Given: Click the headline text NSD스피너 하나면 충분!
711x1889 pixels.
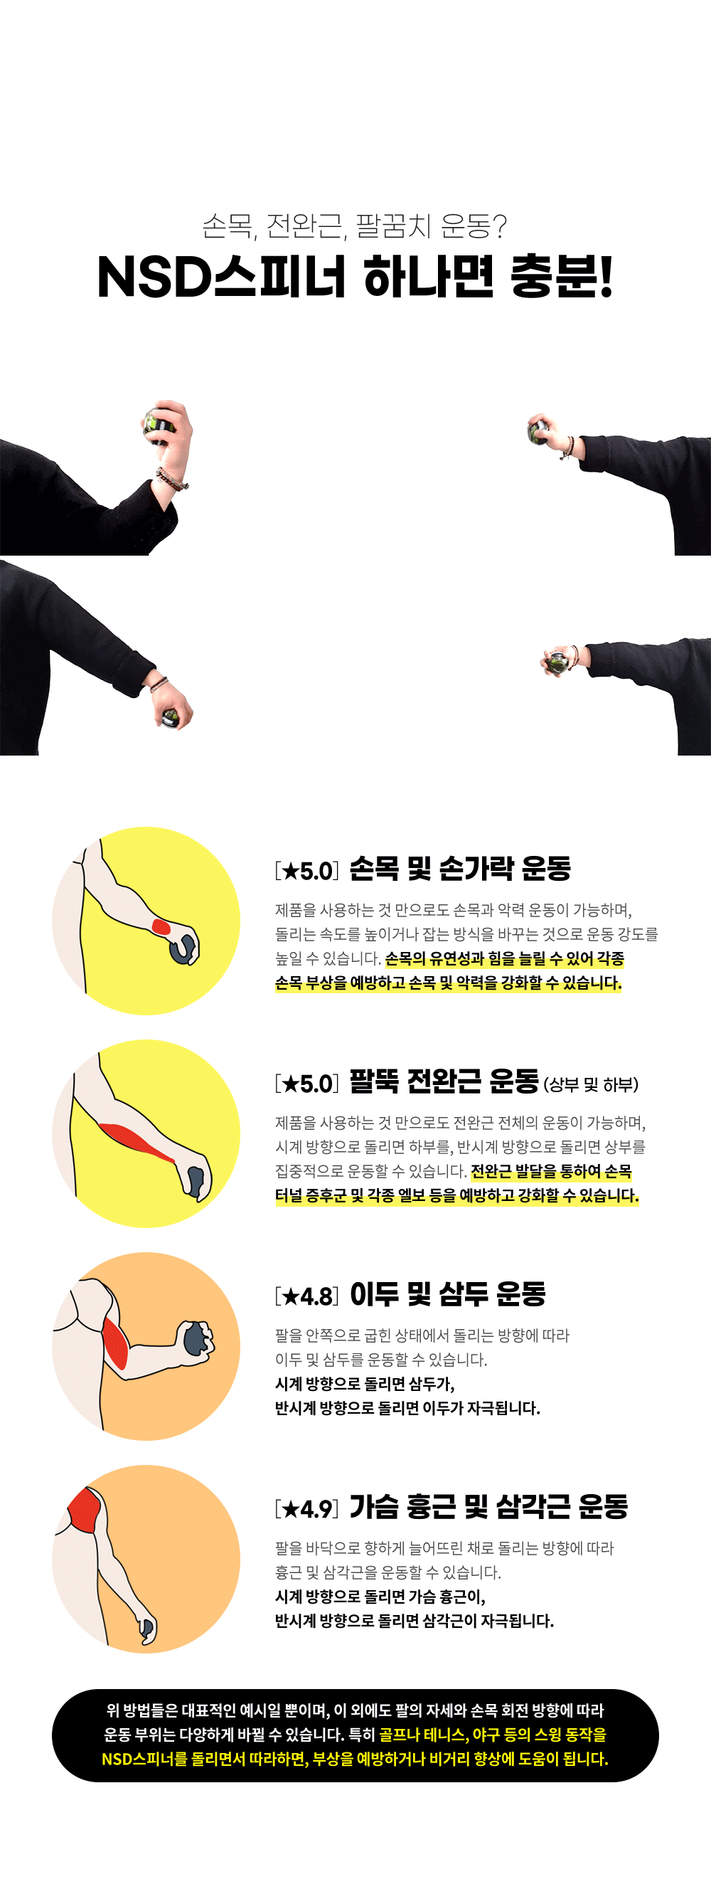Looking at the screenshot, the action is pyautogui.click(x=355, y=277).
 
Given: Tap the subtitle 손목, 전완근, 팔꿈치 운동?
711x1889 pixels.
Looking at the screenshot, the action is pyautogui.click(x=355, y=226).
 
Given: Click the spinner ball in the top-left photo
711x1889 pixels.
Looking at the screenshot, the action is pyautogui.click(x=158, y=423).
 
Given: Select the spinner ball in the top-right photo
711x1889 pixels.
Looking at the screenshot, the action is pyautogui.click(x=540, y=432).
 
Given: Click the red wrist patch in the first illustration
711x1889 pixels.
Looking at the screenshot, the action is pyautogui.click(x=161, y=927).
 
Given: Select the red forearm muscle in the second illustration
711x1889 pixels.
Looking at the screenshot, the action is pyautogui.click(x=137, y=1141).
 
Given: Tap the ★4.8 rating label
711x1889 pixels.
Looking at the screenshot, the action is pyautogui.click(x=307, y=1296).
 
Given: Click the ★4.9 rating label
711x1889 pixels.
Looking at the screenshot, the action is pyautogui.click(x=307, y=1509).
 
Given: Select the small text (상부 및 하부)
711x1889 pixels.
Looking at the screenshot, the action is pyautogui.click(x=591, y=1084).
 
